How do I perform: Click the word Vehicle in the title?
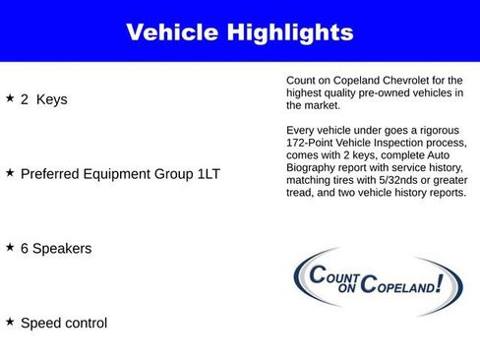pyautogui.click(x=173, y=32)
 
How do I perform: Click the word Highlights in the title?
pyautogui.click(x=289, y=32)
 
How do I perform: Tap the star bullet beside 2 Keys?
pyautogui.click(x=10, y=98)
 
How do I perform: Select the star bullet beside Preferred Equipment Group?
pyautogui.click(x=10, y=172)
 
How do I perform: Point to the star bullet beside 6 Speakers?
pyautogui.click(x=10, y=247)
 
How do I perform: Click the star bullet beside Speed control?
pyautogui.click(x=10, y=322)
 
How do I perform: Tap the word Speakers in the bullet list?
pyautogui.click(x=63, y=249)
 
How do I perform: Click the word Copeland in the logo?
pyautogui.click(x=398, y=285)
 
